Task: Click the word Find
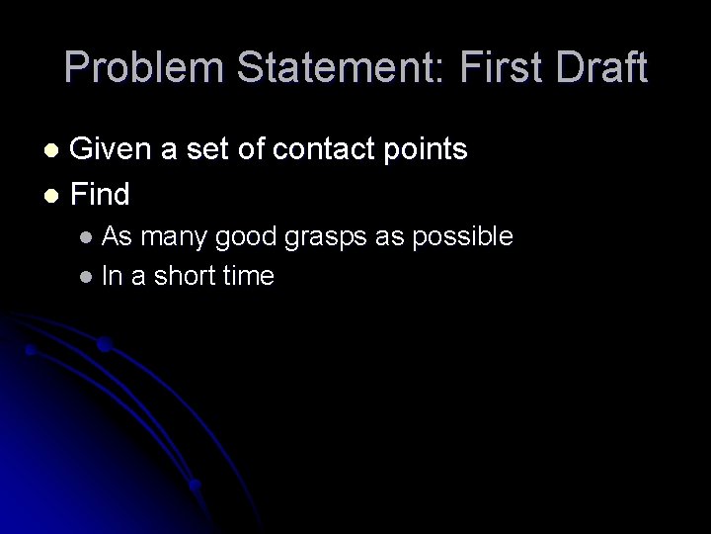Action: pos(102,194)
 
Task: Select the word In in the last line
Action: pos(112,276)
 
